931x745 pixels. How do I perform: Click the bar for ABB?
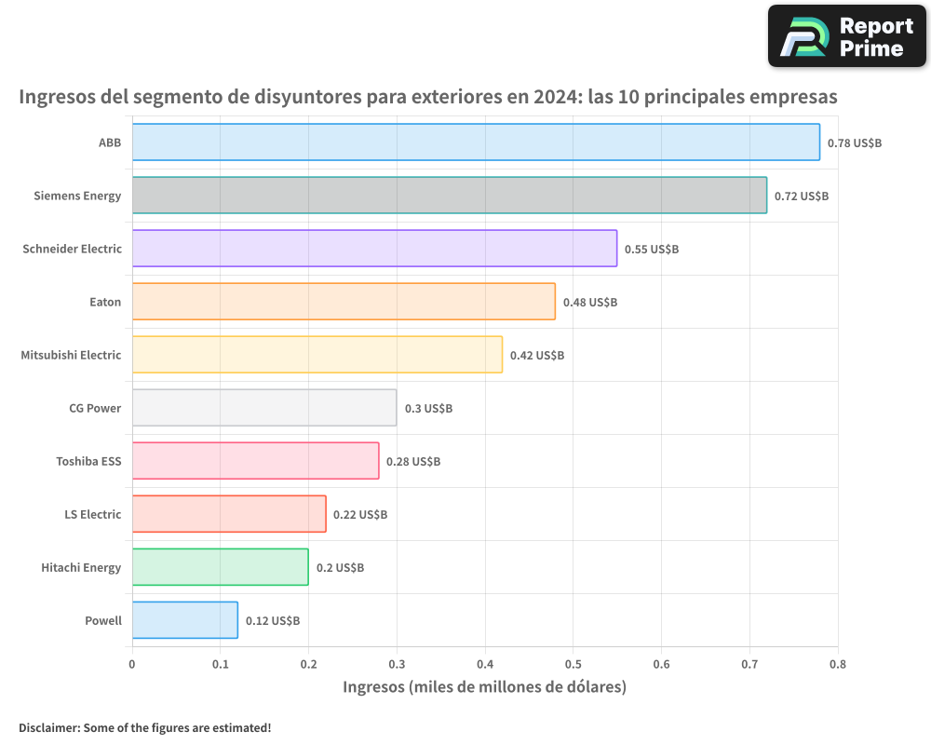click(476, 142)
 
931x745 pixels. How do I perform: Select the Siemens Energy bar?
click(449, 196)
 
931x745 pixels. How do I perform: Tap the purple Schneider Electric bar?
click(374, 249)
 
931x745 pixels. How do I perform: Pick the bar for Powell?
click(184, 620)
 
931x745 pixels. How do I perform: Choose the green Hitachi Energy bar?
click(220, 567)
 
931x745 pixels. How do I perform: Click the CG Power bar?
click(264, 408)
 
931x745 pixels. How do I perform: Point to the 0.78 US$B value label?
click(855, 143)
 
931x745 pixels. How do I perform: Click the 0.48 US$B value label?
click(590, 303)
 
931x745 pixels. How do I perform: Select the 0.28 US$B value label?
click(413, 462)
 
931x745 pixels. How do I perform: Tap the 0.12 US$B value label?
click(273, 621)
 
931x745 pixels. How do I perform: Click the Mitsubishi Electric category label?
click(71, 355)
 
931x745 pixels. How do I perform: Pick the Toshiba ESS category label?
click(88, 461)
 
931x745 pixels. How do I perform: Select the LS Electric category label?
click(92, 514)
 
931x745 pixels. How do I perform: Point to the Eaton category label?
click(105, 302)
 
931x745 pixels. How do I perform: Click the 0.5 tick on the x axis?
click(573, 664)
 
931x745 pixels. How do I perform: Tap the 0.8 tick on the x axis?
click(837, 664)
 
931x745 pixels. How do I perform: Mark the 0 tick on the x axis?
click(132, 664)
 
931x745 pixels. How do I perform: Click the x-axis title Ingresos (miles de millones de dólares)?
click(484, 687)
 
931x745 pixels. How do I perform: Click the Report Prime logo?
click(846, 36)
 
